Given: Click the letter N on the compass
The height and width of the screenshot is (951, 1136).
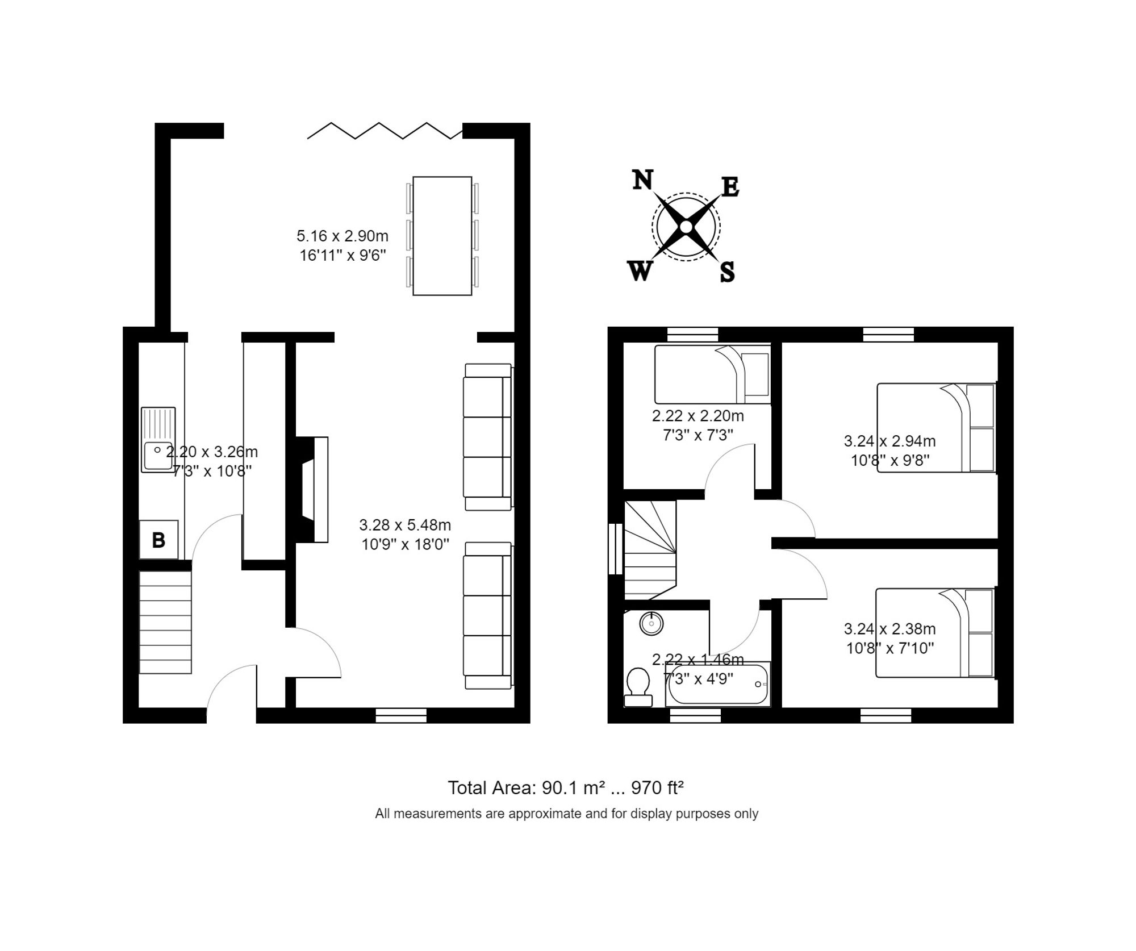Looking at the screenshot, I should (x=642, y=180).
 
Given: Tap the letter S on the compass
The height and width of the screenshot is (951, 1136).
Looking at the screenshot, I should (x=727, y=272).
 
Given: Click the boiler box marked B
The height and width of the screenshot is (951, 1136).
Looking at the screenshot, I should (x=158, y=540).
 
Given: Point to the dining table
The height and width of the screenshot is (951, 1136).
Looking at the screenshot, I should (x=442, y=236).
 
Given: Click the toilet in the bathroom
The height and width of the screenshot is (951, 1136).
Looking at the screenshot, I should (x=638, y=686).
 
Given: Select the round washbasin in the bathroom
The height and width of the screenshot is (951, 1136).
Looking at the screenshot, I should (x=651, y=623).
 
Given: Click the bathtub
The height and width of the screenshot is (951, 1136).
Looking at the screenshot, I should (x=718, y=685).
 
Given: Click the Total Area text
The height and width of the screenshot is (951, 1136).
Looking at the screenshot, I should (x=566, y=788).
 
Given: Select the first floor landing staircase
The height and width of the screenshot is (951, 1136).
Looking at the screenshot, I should (x=650, y=549).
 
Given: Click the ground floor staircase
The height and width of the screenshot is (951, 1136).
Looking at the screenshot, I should (x=165, y=622).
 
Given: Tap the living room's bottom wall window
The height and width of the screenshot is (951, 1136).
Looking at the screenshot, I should (x=401, y=715).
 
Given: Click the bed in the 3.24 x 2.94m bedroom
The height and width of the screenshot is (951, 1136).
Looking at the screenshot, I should (x=936, y=428).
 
